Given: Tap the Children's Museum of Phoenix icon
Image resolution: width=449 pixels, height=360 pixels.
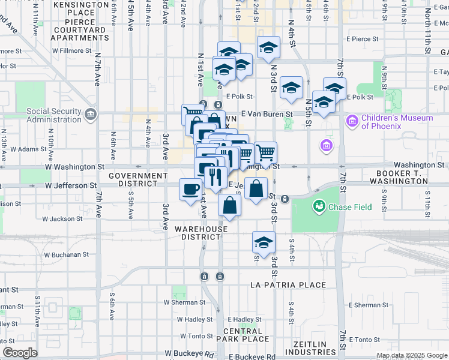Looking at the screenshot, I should (x=352, y=122).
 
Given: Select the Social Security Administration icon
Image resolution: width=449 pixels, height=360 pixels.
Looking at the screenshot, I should (x=91, y=114).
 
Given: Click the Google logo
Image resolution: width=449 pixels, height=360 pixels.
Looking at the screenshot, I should (x=20, y=353).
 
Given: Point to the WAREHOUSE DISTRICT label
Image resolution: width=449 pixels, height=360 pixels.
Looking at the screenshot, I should (x=201, y=233).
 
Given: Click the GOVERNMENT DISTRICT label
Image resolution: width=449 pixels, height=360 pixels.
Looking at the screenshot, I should (x=138, y=181).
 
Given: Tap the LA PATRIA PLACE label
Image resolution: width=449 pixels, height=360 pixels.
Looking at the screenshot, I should (x=288, y=285).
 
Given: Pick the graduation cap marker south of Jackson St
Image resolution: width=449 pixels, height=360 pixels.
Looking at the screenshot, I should (x=263, y=242).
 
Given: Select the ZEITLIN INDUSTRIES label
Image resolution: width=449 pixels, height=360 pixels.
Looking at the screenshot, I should (x=310, y=348).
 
